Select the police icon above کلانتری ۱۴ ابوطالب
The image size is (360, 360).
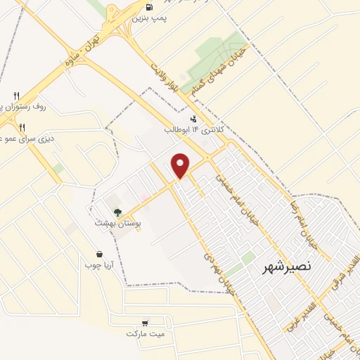193,118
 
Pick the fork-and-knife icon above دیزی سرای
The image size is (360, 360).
22,127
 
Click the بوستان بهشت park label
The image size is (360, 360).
118,222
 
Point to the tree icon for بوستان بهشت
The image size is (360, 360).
117,211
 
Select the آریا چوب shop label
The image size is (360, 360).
99,265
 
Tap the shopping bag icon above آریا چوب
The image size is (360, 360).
99,253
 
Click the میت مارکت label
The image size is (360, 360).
145,333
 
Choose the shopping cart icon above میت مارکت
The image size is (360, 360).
145,322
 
